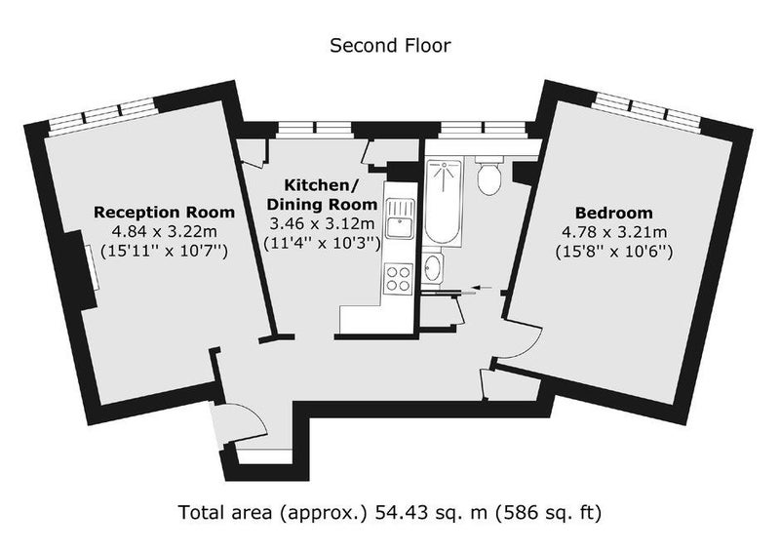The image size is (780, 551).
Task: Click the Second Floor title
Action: (x=391, y=45)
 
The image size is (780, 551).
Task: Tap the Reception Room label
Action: (x=164, y=213)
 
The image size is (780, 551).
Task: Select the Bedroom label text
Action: (x=614, y=213)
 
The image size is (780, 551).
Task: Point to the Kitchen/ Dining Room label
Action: (x=323, y=195)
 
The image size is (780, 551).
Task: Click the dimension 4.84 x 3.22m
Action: (x=164, y=232)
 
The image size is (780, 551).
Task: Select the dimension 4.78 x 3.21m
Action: (x=614, y=232)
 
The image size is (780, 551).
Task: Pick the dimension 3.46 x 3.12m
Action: (x=323, y=223)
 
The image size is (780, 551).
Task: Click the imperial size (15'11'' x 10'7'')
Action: (x=164, y=252)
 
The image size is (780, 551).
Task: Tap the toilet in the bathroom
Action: (x=489, y=176)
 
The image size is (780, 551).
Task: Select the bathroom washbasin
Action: (x=433, y=268)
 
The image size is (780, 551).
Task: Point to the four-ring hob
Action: (x=399, y=279)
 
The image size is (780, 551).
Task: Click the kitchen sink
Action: (x=400, y=218)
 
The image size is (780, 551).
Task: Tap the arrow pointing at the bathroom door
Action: (x=482, y=287)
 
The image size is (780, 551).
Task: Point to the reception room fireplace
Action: (x=84, y=269)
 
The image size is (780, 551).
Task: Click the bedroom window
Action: (x=646, y=113)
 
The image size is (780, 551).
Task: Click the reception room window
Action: (x=102, y=117)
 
